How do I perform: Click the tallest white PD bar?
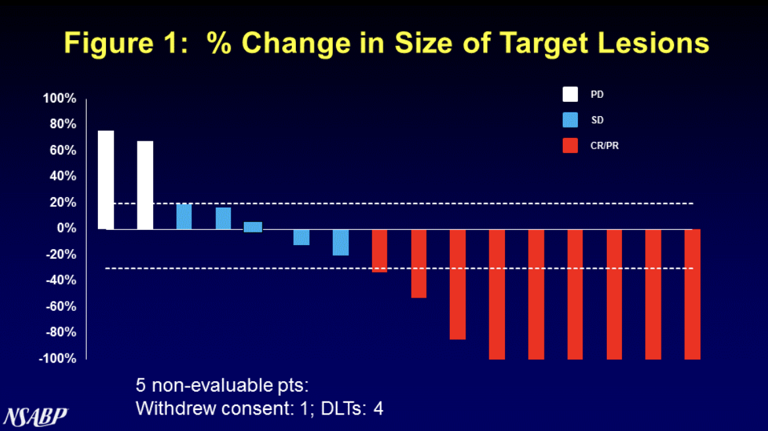pos(106,179)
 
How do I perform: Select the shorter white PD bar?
pos(145,185)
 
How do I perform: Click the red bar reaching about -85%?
pos(458,284)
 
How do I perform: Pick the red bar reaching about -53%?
pos(419,263)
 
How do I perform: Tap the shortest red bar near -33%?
pos(379,250)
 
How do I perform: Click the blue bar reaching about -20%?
pos(341,242)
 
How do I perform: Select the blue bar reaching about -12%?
pos(301,237)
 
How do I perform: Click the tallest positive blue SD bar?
pos(184,217)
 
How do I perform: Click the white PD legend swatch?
pos(570,95)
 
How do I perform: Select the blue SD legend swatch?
pos(570,120)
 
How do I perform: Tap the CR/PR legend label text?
pos(604,146)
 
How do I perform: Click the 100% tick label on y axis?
pos(60,99)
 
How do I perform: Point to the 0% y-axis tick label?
pos(65,229)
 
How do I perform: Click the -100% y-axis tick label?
pos(58,359)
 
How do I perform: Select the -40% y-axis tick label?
pos(60,281)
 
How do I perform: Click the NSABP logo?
pos(36,416)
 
